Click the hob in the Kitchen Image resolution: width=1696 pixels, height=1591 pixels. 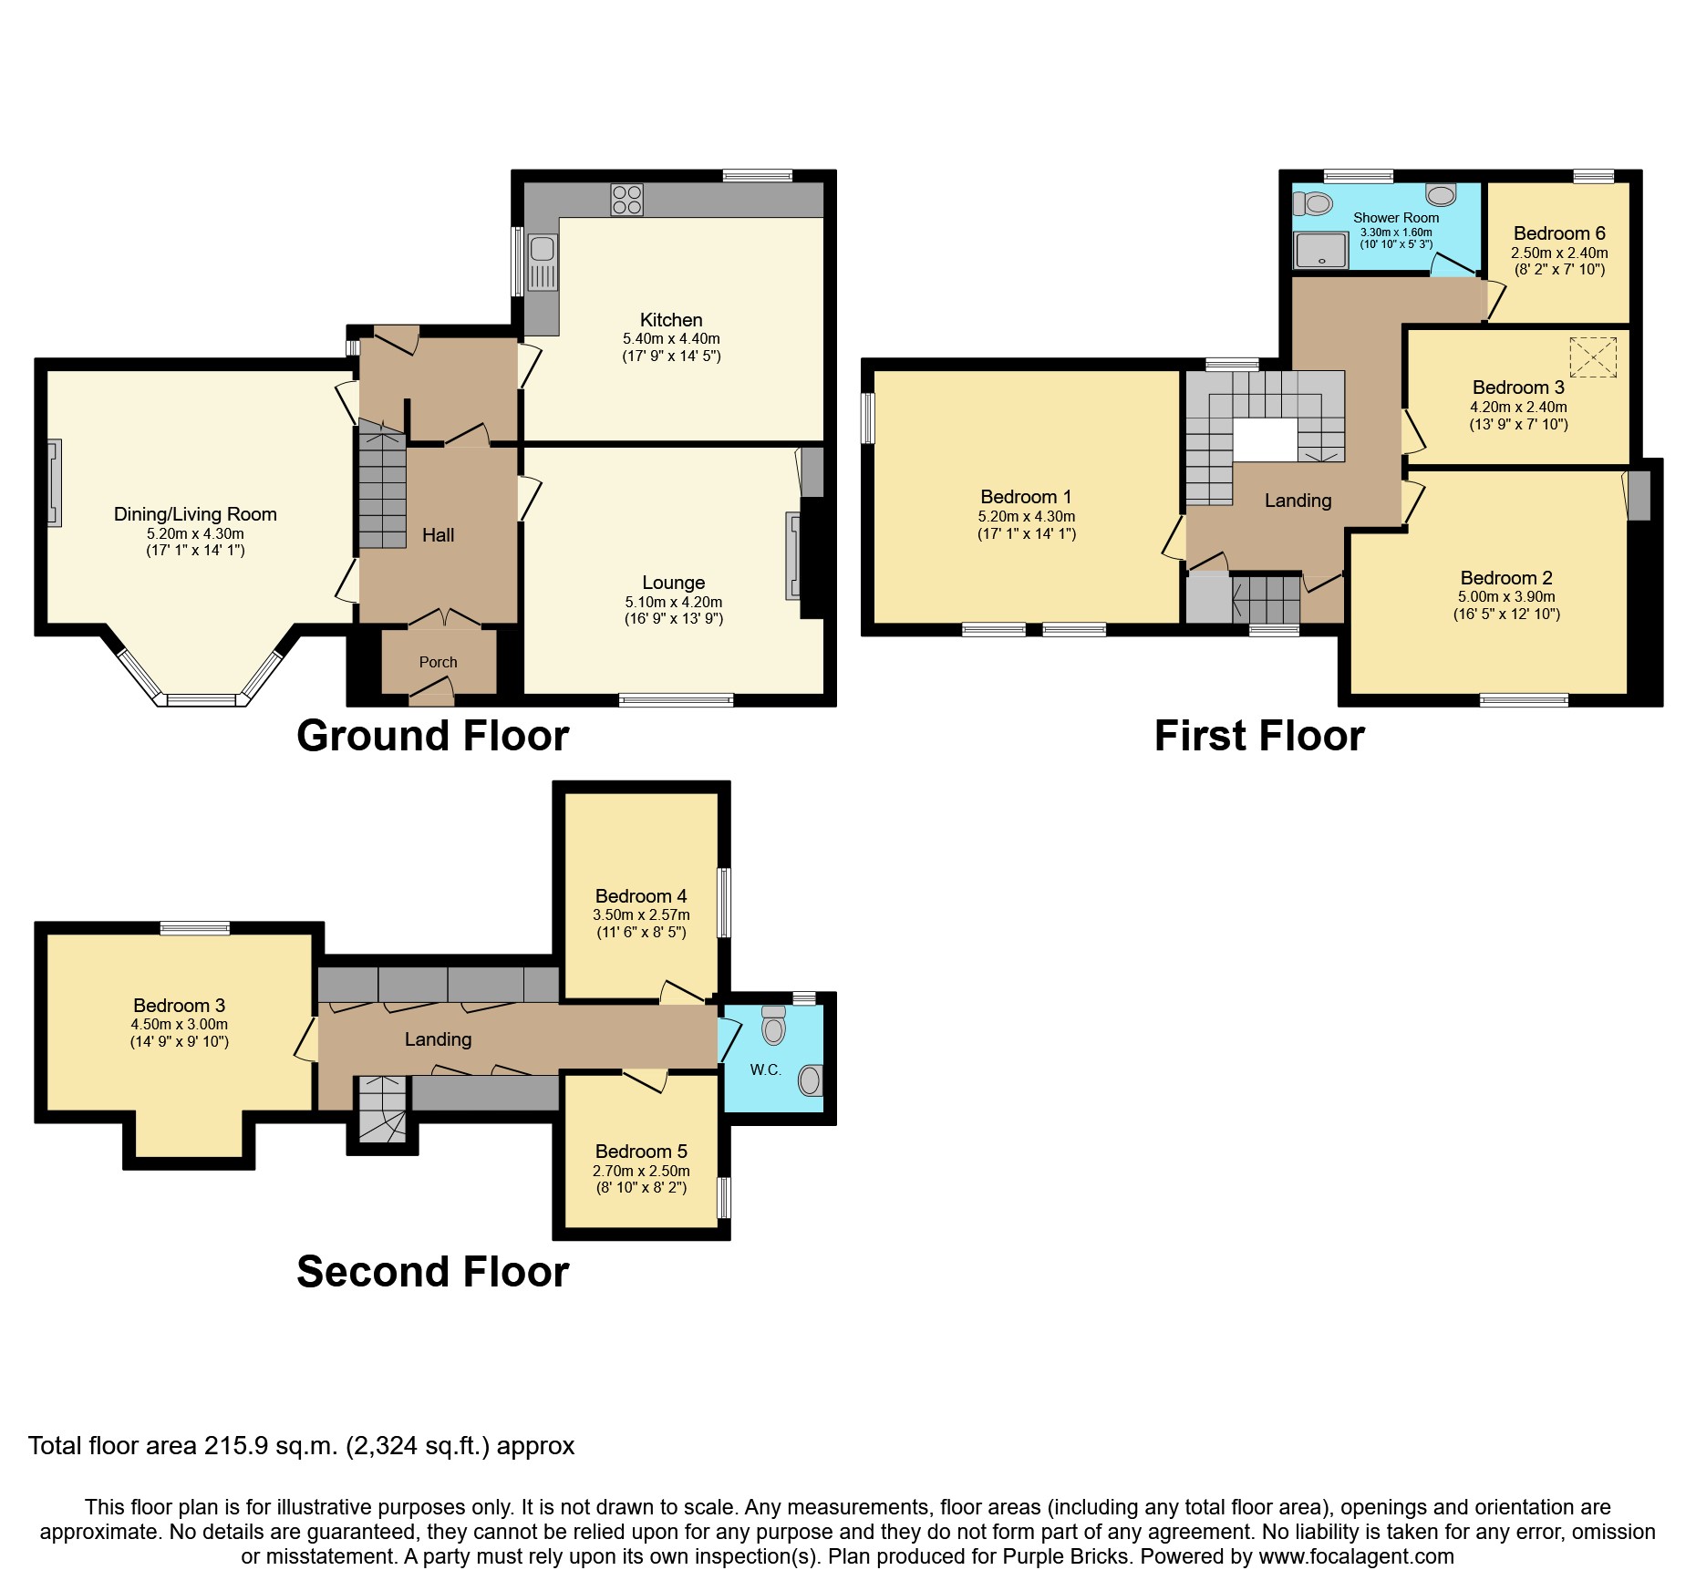click(x=627, y=200)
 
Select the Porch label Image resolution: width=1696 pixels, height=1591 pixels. click(x=438, y=662)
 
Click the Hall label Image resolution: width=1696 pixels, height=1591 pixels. click(x=438, y=535)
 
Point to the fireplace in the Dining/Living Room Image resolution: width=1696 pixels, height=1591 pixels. click(x=55, y=483)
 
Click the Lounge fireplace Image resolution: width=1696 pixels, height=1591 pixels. click(x=793, y=556)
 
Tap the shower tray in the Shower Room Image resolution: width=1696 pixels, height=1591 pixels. click(x=1320, y=250)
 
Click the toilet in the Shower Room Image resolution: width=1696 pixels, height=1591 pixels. click(x=1312, y=203)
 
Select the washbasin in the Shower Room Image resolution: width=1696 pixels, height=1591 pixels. click(x=1441, y=194)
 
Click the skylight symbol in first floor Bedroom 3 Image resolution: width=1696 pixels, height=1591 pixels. click(x=1593, y=356)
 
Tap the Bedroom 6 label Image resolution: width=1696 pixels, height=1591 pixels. click(x=1559, y=233)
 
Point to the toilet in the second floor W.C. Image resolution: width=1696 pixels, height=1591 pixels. click(x=773, y=1026)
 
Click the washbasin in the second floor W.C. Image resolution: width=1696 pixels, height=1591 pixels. click(x=810, y=1080)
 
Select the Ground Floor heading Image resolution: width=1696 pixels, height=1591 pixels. click(x=433, y=736)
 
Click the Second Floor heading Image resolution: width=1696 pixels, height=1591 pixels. click(x=433, y=1271)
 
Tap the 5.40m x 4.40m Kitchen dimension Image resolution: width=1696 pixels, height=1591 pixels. click(x=671, y=338)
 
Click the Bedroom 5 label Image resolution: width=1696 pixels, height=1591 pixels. click(x=641, y=1152)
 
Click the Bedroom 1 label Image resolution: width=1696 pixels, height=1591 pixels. click(x=1026, y=497)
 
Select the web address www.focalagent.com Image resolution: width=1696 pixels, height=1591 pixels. click(x=1357, y=1556)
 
